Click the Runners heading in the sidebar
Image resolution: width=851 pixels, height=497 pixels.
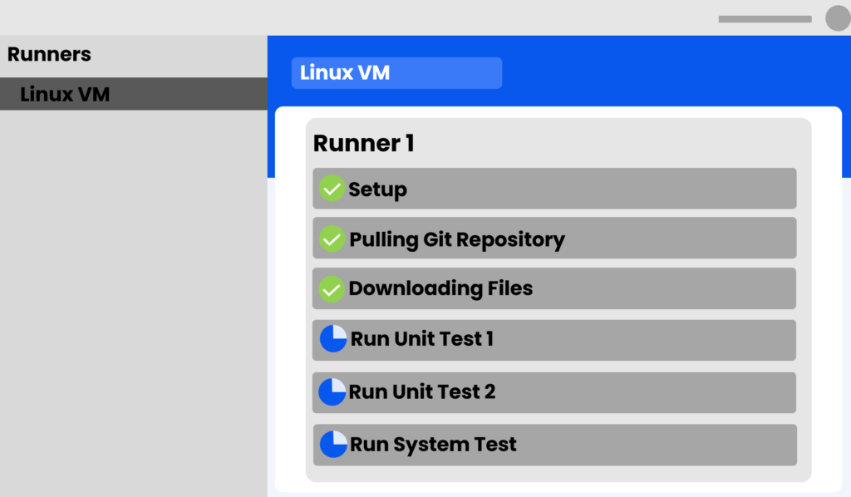pos(49,55)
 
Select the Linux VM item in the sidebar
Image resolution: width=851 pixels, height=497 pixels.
pos(65,94)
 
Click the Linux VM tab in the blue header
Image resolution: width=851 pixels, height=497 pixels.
pos(345,72)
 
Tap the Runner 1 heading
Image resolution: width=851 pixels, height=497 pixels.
pos(363,143)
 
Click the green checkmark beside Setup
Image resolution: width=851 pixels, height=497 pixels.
pos(332,189)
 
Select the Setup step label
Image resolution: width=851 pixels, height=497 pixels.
pos(377,189)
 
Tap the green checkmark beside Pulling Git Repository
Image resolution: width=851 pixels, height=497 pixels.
pos(332,239)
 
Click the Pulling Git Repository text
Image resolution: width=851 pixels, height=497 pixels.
pos(456,239)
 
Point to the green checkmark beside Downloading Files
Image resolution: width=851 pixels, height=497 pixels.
pos(332,289)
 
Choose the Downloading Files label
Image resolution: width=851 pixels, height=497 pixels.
pos(440,288)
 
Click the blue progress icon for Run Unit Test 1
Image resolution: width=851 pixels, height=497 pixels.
pos(333,339)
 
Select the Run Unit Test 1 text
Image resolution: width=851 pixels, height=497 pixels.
pos(421,339)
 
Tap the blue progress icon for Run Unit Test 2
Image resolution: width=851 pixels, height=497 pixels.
pos(332,391)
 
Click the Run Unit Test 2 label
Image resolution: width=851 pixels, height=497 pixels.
pos(421,391)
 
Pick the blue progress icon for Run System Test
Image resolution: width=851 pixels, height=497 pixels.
pos(333,444)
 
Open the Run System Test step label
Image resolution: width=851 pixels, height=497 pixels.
pos(433,445)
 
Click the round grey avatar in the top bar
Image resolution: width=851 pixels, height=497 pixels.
pos(837,18)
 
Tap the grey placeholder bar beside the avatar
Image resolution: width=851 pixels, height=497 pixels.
pos(765,19)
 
